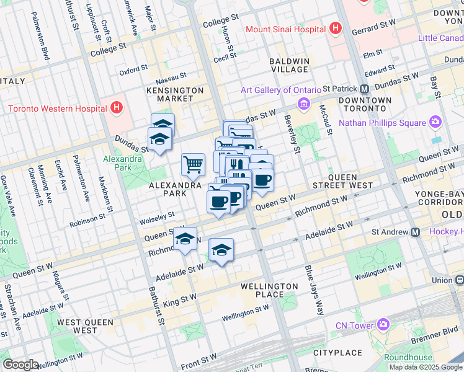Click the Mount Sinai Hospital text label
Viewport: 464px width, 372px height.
click(285, 29)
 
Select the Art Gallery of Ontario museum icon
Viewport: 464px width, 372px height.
click(304, 103)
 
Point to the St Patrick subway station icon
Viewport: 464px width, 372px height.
click(365, 89)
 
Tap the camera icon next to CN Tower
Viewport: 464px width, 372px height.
click(383, 325)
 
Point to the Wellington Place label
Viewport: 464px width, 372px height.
click(269, 290)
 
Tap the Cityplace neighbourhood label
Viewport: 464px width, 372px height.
click(337, 353)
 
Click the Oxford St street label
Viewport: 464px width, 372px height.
click(133, 70)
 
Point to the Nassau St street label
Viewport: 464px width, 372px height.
click(171, 77)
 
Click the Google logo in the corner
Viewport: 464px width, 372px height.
click(20, 365)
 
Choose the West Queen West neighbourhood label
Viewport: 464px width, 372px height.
click(85, 326)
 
